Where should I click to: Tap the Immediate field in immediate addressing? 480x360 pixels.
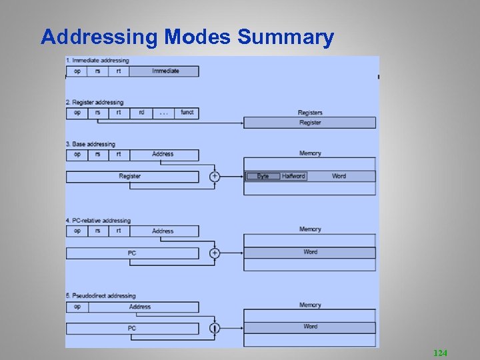point(165,71)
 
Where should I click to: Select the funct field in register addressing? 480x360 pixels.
point(187,113)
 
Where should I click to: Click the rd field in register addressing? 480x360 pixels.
point(141,113)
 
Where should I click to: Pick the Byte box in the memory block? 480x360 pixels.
point(263,176)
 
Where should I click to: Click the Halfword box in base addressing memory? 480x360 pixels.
point(293,176)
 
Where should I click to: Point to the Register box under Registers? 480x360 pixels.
point(309,123)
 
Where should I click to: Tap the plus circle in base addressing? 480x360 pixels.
point(215,177)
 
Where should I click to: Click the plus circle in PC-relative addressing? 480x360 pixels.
point(215,253)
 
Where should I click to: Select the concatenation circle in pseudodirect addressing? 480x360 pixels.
point(215,329)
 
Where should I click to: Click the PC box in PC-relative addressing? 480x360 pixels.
point(132,253)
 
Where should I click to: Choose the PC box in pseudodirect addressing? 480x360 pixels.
point(132,329)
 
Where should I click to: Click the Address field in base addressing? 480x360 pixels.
point(163,155)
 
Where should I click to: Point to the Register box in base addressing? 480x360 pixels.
point(130,177)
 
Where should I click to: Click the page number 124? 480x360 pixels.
point(440,351)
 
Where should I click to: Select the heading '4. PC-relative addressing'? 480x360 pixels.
point(98,221)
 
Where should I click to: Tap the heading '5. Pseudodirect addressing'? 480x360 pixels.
point(101,296)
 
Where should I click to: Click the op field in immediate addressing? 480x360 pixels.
point(77,71)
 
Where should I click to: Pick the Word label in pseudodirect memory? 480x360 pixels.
point(310,327)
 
